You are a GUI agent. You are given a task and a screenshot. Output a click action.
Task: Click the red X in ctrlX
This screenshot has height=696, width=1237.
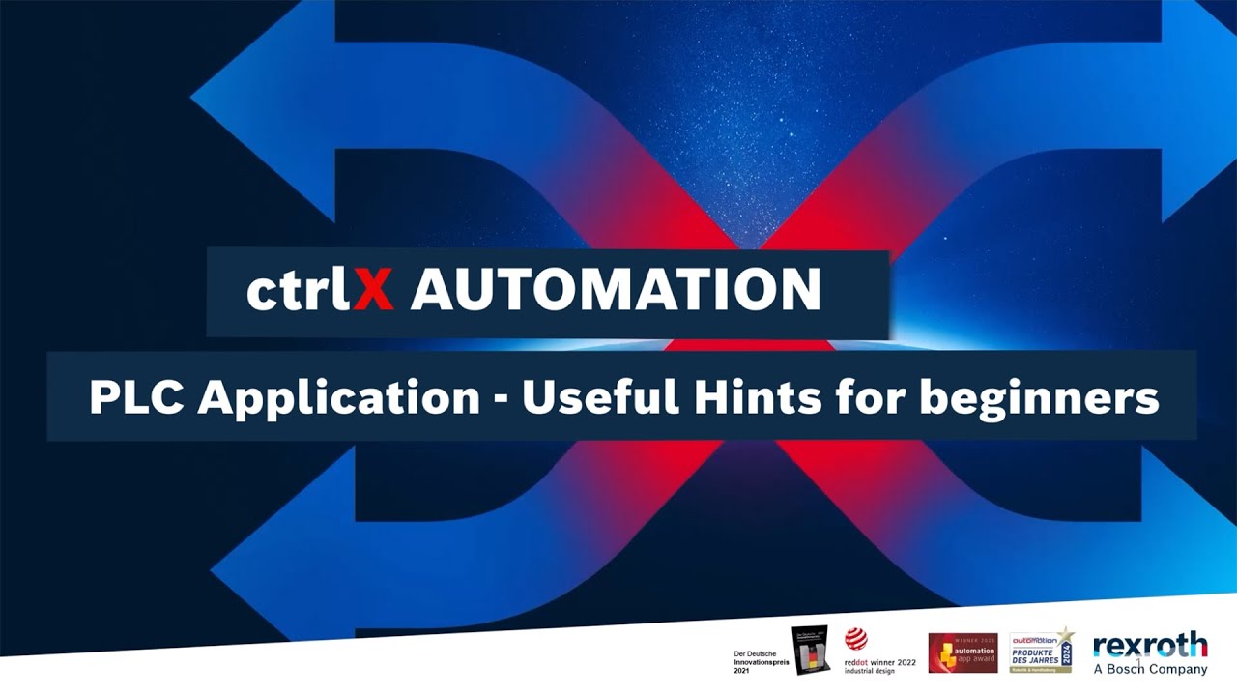click(x=373, y=289)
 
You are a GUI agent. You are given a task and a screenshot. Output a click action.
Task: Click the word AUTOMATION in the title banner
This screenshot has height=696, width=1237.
click(x=616, y=289)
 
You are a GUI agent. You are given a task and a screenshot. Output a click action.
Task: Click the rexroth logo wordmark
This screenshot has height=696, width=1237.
click(x=1150, y=645)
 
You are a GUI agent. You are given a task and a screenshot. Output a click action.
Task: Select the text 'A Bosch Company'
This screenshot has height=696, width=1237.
click(x=1150, y=669)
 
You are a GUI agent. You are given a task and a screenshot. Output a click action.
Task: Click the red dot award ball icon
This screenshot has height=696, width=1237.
click(x=855, y=639)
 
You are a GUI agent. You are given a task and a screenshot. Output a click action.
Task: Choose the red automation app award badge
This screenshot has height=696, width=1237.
click(x=963, y=653)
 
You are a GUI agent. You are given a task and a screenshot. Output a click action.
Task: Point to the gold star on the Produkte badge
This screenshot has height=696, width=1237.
click(x=1067, y=635)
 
